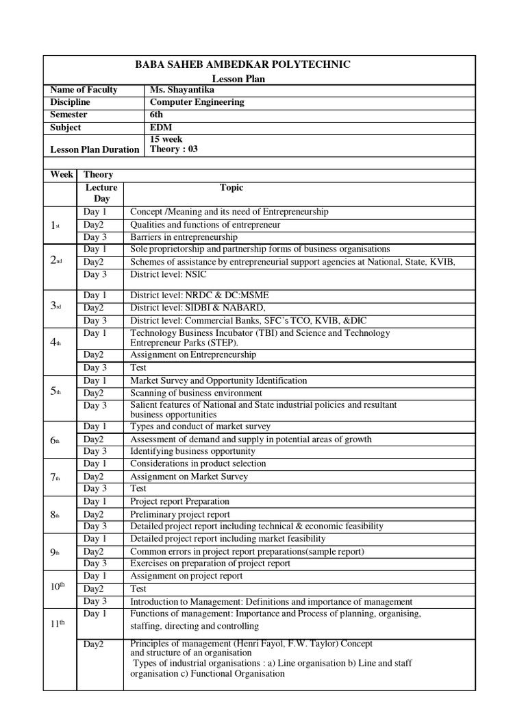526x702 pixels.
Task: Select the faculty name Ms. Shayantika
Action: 180,90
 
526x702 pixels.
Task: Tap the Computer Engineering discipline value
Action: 197,102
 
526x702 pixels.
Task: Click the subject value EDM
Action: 160,128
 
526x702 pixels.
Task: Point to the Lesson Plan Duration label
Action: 95,149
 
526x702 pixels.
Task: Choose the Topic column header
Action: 231,187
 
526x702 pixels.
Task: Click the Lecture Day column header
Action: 101,193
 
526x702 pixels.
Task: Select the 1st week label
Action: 57,225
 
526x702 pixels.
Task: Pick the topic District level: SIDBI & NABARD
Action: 197,308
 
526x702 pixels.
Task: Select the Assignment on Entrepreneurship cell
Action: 193,355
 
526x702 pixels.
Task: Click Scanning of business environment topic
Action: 196,393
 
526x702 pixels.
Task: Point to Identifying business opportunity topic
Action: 192,451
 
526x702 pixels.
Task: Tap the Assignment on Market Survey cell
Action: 189,476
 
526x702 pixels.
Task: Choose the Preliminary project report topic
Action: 180,514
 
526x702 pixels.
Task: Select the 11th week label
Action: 57,623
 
